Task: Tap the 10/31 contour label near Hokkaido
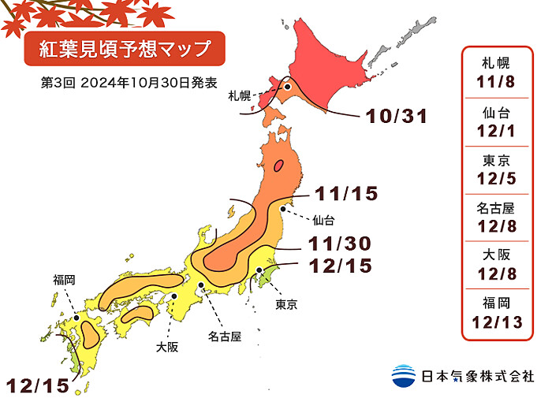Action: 396,117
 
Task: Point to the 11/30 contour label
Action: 340,244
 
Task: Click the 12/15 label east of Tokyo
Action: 340,266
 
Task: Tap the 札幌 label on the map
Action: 239,96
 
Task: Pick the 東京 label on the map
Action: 286,304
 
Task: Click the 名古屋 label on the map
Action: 225,337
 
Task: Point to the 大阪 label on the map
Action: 166,346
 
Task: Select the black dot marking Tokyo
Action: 259,271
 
